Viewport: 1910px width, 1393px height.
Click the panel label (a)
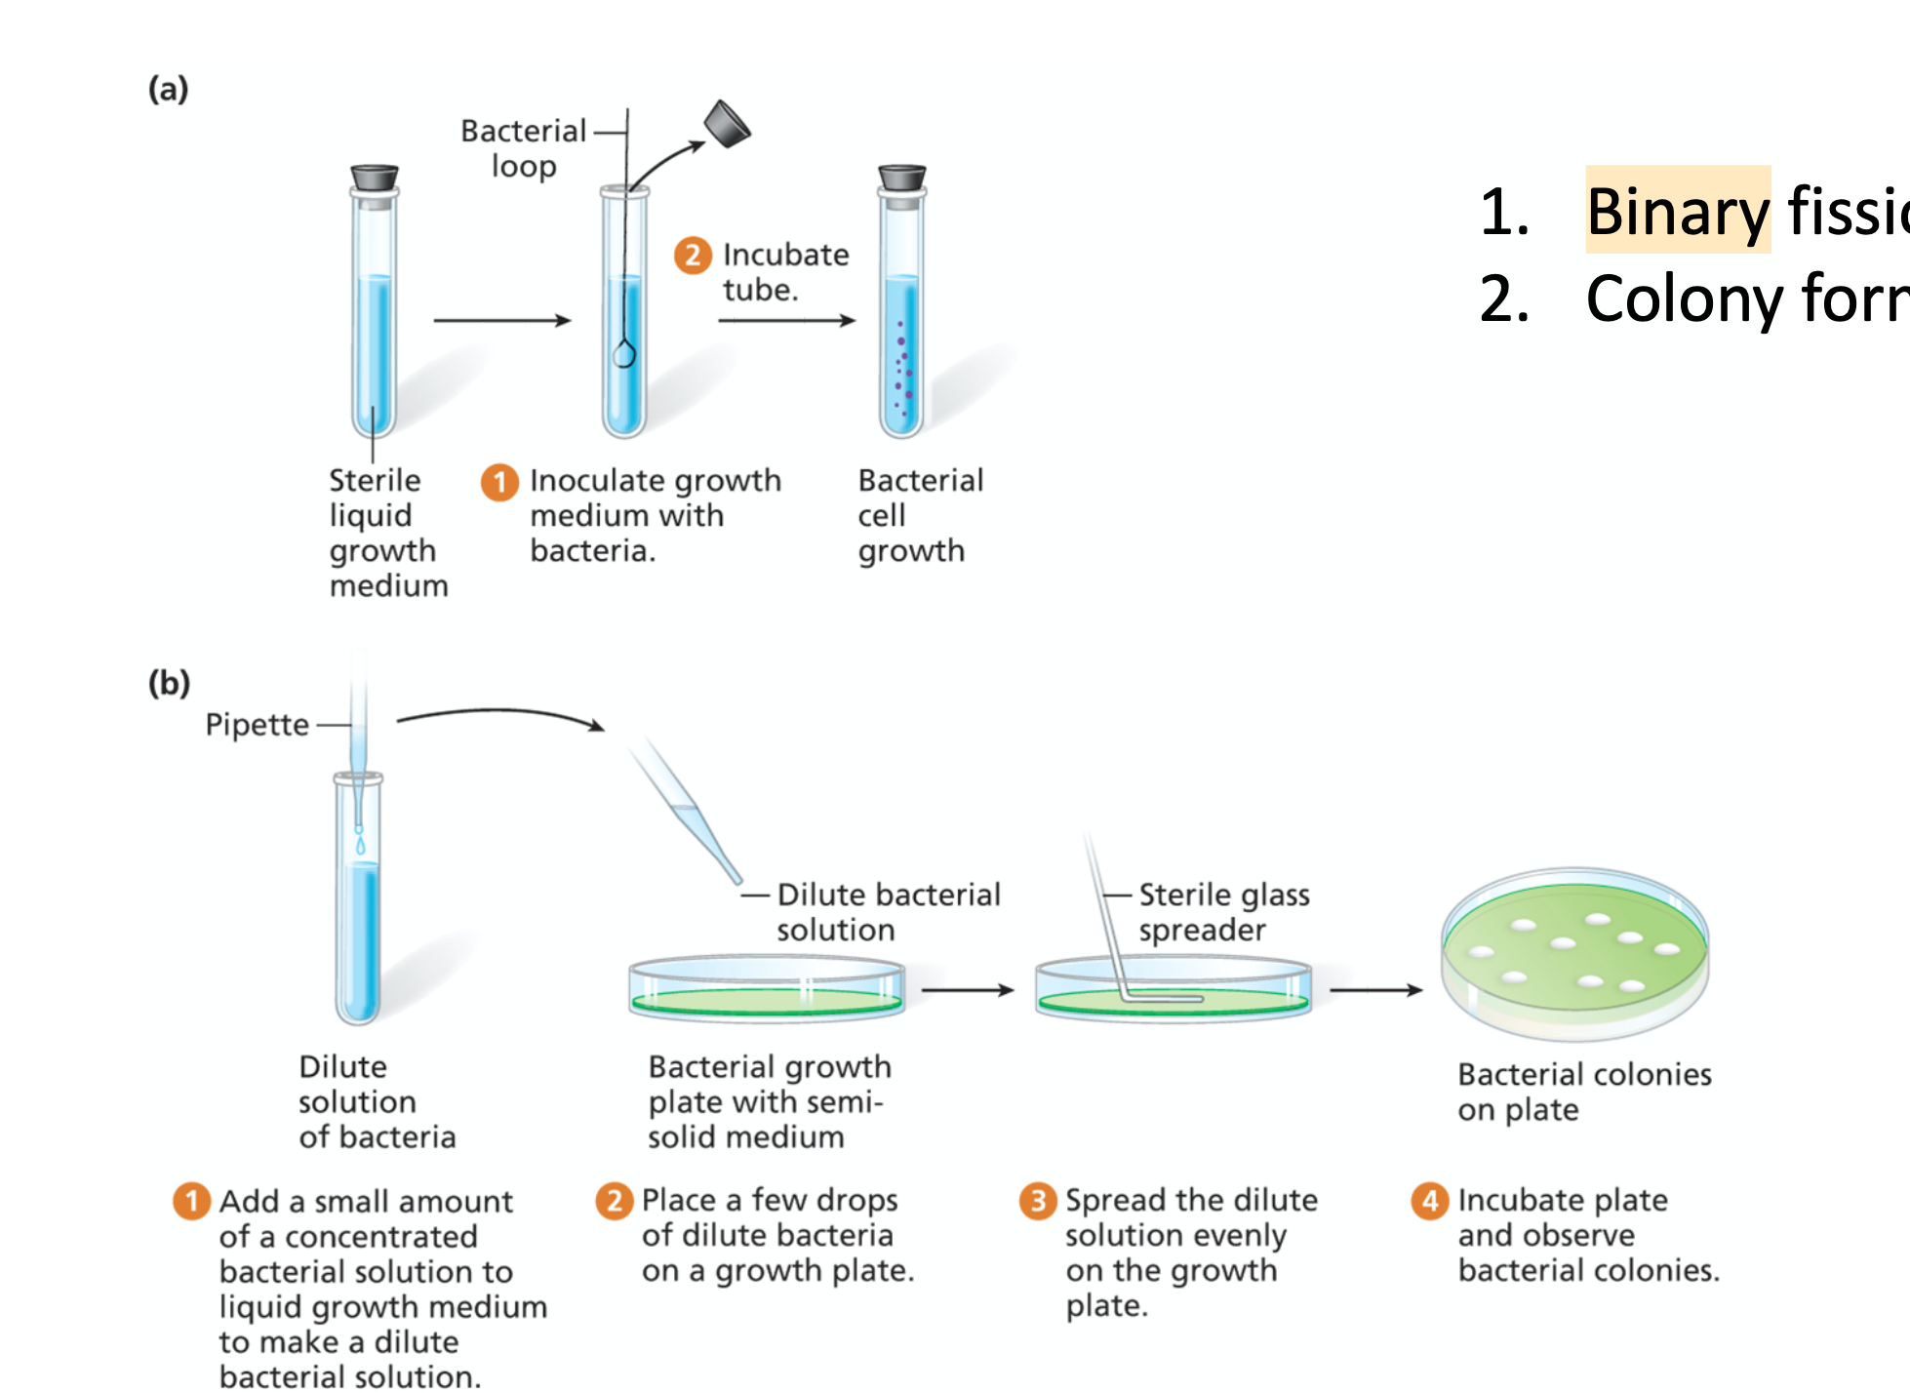(x=168, y=89)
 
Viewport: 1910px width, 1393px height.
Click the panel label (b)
(x=169, y=682)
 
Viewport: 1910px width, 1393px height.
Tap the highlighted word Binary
(x=1677, y=211)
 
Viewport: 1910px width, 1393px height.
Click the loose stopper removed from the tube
(x=727, y=124)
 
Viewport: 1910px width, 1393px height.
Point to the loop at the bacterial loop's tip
(x=624, y=353)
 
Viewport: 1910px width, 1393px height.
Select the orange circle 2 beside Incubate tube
(x=693, y=256)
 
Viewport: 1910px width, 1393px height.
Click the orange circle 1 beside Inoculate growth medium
(x=499, y=482)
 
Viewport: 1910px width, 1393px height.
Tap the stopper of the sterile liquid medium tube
(x=375, y=179)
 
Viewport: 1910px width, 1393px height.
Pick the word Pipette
(x=257, y=725)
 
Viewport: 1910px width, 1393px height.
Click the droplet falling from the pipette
(x=360, y=844)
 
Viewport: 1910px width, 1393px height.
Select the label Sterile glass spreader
(x=1223, y=912)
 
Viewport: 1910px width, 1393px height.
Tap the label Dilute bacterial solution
(x=888, y=912)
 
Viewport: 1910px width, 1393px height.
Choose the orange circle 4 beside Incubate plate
(x=1429, y=1201)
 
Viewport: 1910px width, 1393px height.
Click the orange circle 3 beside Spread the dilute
(x=1038, y=1201)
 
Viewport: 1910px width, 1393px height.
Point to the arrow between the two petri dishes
(x=968, y=990)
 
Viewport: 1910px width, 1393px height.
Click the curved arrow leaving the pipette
(x=499, y=715)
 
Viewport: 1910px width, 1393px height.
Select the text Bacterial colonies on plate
(x=1583, y=1092)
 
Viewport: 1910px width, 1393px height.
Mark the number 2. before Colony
(x=1503, y=298)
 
